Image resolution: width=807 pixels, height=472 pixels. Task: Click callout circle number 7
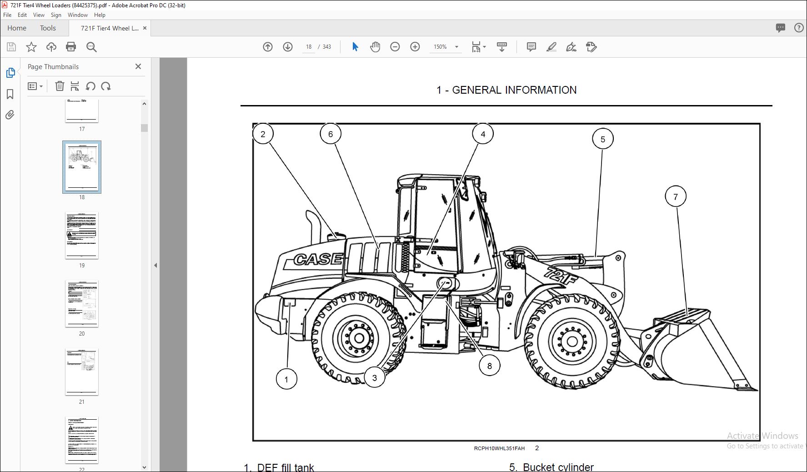pyautogui.click(x=675, y=196)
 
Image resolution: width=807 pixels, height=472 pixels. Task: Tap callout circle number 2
pyautogui.click(x=263, y=134)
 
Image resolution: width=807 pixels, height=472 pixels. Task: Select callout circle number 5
pyautogui.click(x=602, y=139)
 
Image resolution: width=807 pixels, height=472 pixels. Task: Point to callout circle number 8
pyautogui.click(x=489, y=366)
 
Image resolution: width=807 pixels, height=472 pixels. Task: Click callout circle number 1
pyautogui.click(x=286, y=379)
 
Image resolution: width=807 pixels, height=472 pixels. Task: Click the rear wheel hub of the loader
pyautogui.click(x=359, y=338)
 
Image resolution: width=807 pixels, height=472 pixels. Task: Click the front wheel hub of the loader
pyautogui.click(x=572, y=341)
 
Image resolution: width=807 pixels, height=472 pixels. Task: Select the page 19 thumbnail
pyautogui.click(x=82, y=235)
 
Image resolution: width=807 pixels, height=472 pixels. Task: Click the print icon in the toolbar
pyautogui.click(x=71, y=47)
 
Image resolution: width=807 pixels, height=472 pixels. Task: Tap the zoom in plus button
pyautogui.click(x=415, y=47)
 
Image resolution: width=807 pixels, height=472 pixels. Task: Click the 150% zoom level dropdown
pyautogui.click(x=446, y=47)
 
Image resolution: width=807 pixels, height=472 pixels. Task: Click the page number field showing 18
pyautogui.click(x=309, y=47)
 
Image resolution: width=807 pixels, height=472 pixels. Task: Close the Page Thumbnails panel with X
pyautogui.click(x=138, y=66)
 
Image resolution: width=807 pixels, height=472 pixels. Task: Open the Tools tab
pyautogui.click(x=48, y=28)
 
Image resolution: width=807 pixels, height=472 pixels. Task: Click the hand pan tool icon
pyautogui.click(x=375, y=47)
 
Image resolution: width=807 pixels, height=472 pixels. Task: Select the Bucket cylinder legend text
pyautogui.click(x=558, y=467)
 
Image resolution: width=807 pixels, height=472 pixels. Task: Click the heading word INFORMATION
pyautogui.click(x=541, y=90)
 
